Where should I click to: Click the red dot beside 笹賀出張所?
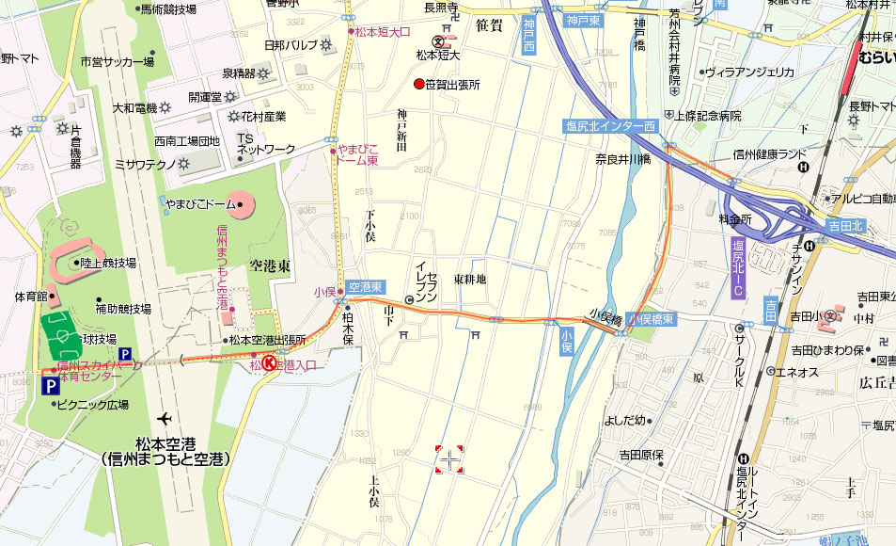pyautogui.click(x=419, y=85)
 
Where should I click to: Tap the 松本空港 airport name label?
pyautogui.click(x=169, y=450)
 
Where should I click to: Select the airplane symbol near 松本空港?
pyautogui.click(x=166, y=418)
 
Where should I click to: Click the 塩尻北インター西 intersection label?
pyautogui.click(x=610, y=126)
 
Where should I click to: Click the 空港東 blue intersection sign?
pyautogui.click(x=365, y=286)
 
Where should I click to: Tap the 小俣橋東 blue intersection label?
pyautogui.click(x=652, y=320)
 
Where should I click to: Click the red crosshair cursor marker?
pyautogui.click(x=449, y=459)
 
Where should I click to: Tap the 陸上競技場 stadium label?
pyautogui.click(x=108, y=263)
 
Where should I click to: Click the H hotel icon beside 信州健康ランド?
pyautogui.click(x=804, y=168)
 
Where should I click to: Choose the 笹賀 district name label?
pyautogui.click(x=489, y=24)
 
